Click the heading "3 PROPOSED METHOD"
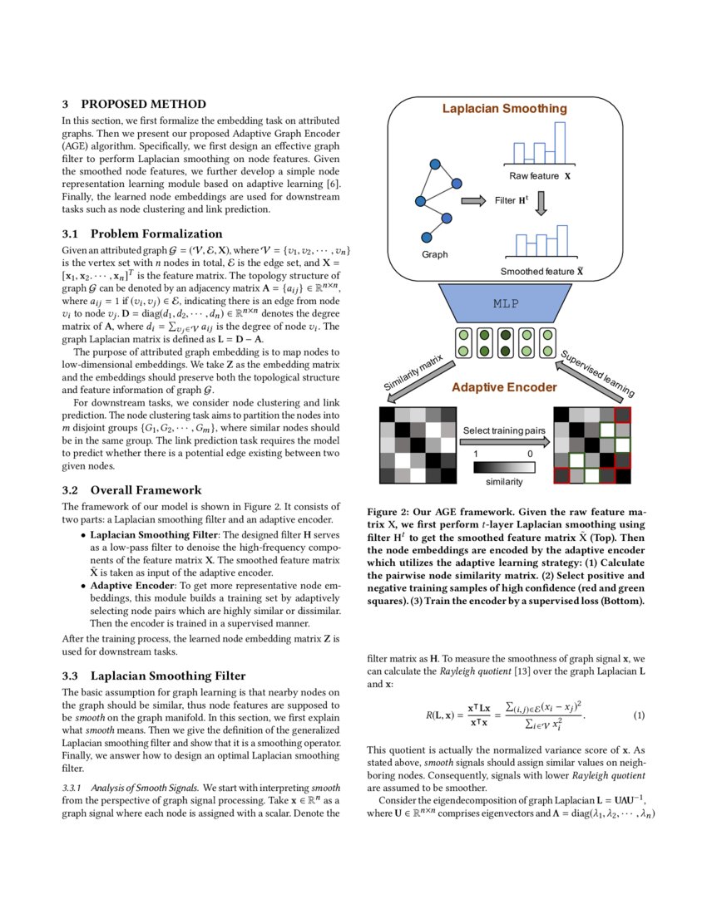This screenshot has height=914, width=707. (134, 104)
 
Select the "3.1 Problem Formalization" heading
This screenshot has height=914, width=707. (142, 233)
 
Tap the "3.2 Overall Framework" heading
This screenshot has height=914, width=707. (131, 489)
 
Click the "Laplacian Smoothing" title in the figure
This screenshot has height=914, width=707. (504, 109)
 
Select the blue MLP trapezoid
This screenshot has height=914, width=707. (506, 303)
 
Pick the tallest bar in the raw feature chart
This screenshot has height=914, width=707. (561, 143)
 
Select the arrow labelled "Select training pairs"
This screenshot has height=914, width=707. (506, 441)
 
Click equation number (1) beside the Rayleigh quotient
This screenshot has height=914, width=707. (639, 715)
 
